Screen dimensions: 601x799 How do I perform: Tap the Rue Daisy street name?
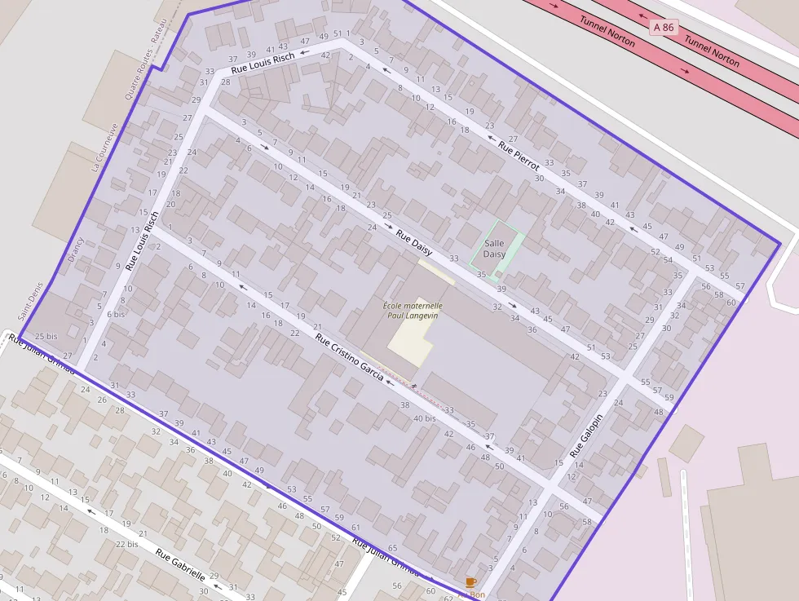[x=414, y=242]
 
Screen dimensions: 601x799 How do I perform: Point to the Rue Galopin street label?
[x=586, y=435]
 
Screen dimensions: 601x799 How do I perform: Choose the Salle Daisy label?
[x=494, y=249]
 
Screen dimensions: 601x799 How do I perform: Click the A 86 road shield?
[x=664, y=28]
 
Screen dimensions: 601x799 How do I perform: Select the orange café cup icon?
[x=470, y=581]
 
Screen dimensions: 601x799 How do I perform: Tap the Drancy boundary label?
[x=76, y=252]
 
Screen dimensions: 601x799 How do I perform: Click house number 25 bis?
[x=46, y=336]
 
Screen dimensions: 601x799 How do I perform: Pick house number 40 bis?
[x=425, y=418]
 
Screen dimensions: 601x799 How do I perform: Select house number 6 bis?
[x=116, y=314]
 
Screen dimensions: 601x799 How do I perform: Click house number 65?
[x=392, y=548]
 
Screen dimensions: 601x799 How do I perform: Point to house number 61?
[x=355, y=528]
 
